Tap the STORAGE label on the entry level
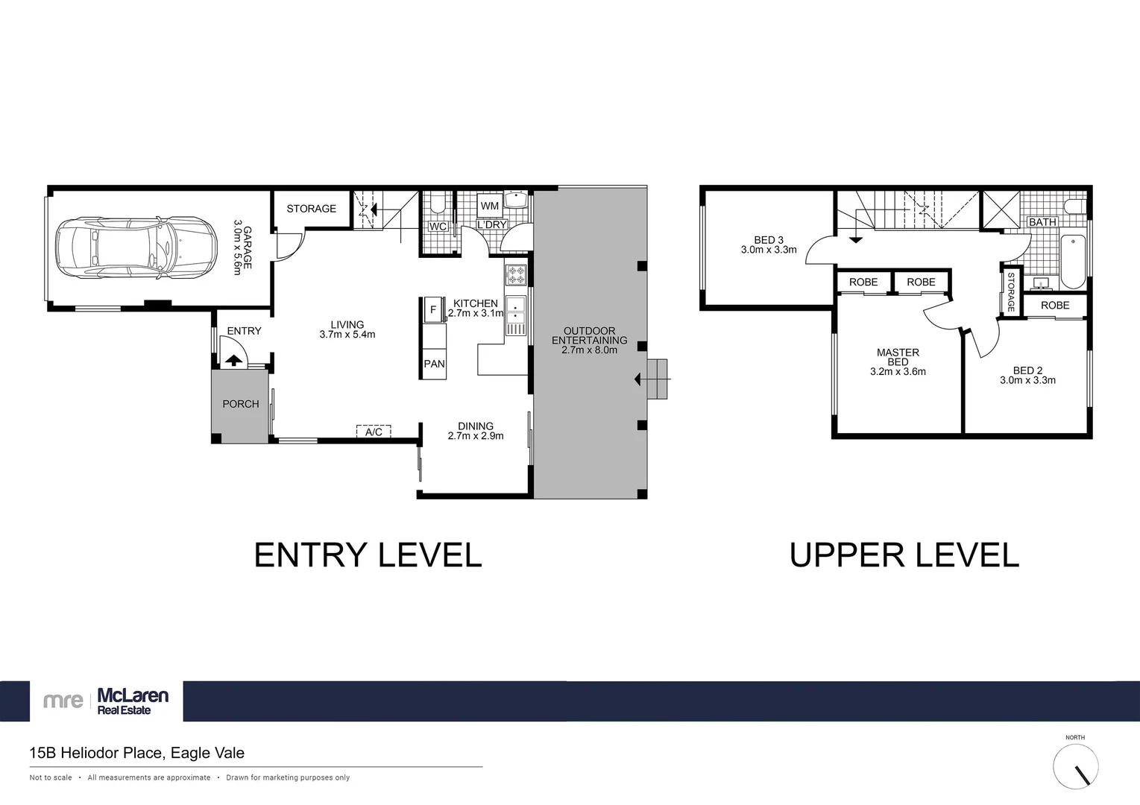(x=311, y=209)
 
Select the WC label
(x=438, y=227)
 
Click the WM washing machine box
(x=490, y=206)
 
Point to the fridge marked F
(x=433, y=309)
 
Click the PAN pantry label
(x=434, y=364)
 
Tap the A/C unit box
(x=374, y=432)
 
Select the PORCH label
(x=241, y=404)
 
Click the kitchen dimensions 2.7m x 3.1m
(x=476, y=314)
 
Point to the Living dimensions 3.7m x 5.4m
(x=347, y=335)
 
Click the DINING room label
(x=476, y=426)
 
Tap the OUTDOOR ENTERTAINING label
(x=589, y=335)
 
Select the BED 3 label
(x=769, y=240)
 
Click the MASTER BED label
(x=898, y=357)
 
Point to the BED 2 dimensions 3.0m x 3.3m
(x=1027, y=380)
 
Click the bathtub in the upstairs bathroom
(x=1073, y=261)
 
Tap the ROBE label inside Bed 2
(x=1055, y=306)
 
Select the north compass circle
(x=1075, y=765)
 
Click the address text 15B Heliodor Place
(x=136, y=753)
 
